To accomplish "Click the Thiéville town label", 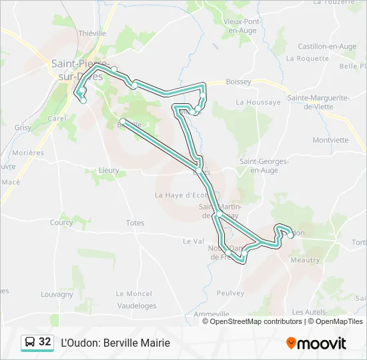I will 92,33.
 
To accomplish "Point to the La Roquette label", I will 307,58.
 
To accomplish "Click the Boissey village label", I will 238,81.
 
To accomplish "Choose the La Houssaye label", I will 258,102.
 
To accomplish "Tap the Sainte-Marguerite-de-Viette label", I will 318,102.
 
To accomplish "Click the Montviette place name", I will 330,140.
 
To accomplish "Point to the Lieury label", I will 109,170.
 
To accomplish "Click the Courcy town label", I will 61,223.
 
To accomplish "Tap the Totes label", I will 135,223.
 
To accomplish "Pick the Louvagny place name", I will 57,293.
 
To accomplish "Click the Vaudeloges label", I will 136,306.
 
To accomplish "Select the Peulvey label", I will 230,293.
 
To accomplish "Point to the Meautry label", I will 306,260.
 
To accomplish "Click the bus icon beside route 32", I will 30,342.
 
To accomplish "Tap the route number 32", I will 45,342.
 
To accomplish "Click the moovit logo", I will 316,343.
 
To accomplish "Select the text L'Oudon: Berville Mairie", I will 115,343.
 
